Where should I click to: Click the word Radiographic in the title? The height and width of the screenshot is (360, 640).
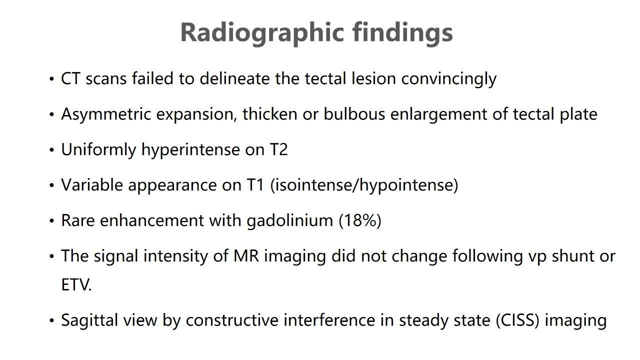(x=262, y=33)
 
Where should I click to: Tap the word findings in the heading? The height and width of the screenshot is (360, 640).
(x=402, y=33)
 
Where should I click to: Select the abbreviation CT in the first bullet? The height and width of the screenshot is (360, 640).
(x=70, y=78)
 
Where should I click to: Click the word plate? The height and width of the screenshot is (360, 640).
(x=578, y=115)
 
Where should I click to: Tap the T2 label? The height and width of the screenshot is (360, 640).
(x=278, y=149)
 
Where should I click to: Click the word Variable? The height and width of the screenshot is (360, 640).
(x=92, y=185)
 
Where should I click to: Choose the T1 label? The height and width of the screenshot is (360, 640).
(x=255, y=185)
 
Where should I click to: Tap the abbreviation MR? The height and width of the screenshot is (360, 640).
(x=246, y=256)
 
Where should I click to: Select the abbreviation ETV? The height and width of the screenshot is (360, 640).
(x=76, y=285)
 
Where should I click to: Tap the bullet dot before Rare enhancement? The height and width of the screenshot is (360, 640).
(x=51, y=221)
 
